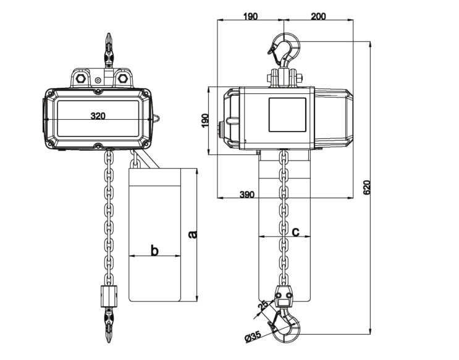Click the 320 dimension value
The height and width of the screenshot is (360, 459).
(x=98, y=115)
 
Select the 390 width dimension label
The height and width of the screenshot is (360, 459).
(x=246, y=195)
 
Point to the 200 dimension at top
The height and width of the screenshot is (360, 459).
(x=319, y=17)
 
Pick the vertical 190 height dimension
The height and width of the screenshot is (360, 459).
(x=206, y=120)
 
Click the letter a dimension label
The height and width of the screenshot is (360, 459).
(x=192, y=234)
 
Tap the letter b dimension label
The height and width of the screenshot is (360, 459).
(x=155, y=251)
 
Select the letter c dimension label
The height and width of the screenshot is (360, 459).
(x=295, y=232)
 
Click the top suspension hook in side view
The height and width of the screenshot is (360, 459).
(x=285, y=49)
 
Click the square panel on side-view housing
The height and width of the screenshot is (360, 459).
(x=287, y=114)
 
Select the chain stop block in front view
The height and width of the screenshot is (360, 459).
(x=108, y=295)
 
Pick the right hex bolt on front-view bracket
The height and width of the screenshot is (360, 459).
(x=122, y=79)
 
